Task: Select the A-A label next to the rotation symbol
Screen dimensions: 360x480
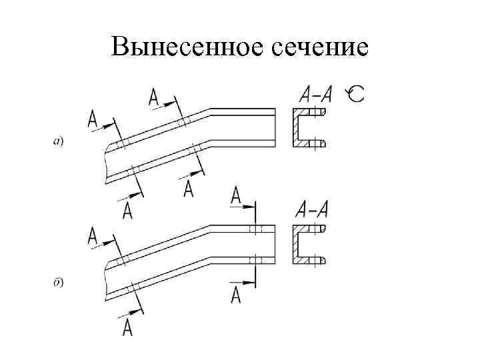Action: point(315,94)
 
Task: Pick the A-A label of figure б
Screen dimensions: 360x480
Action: point(311,210)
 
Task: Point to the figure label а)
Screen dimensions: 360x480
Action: point(58,141)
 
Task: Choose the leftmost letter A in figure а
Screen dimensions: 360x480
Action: point(93,120)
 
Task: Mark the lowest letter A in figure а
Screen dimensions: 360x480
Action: point(128,211)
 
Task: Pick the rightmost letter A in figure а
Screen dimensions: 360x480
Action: point(189,189)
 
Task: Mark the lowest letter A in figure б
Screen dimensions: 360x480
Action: point(128,327)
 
